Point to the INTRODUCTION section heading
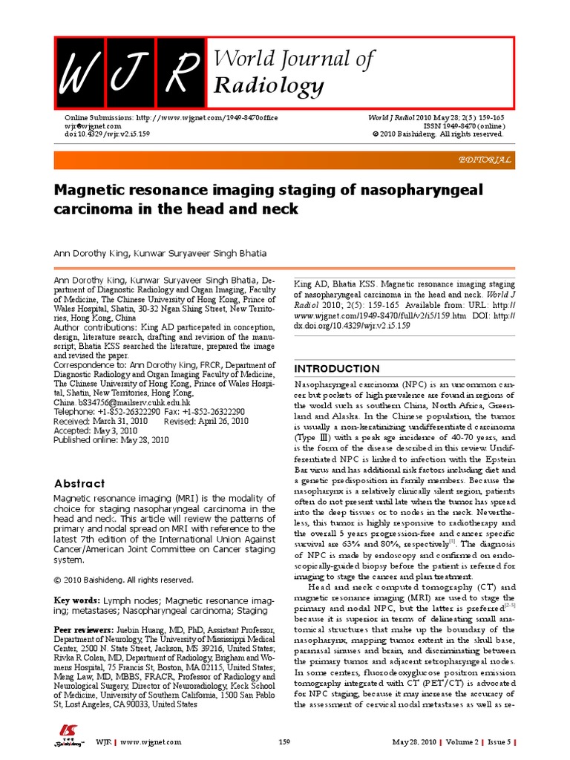point(338,369)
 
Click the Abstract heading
point(79,483)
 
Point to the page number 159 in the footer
point(284,742)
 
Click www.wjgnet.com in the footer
point(151,742)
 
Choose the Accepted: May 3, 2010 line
point(95,430)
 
